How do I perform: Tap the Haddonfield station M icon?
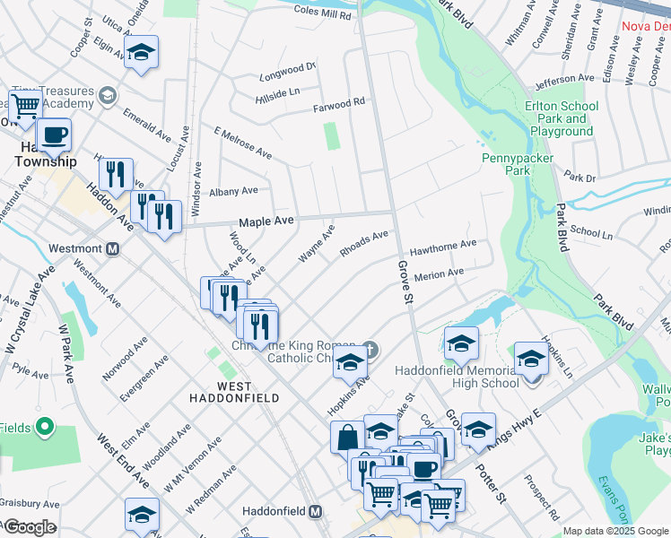(315, 511)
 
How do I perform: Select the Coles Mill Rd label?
(324, 12)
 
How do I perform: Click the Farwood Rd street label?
(338, 106)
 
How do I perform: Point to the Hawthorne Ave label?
(443, 245)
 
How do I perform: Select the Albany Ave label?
(233, 191)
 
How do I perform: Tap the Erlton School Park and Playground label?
(561, 118)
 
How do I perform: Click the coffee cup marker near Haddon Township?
(54, 136)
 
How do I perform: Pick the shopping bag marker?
(347, 438)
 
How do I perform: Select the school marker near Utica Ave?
(141, 53)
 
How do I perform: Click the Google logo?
(29, 527)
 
